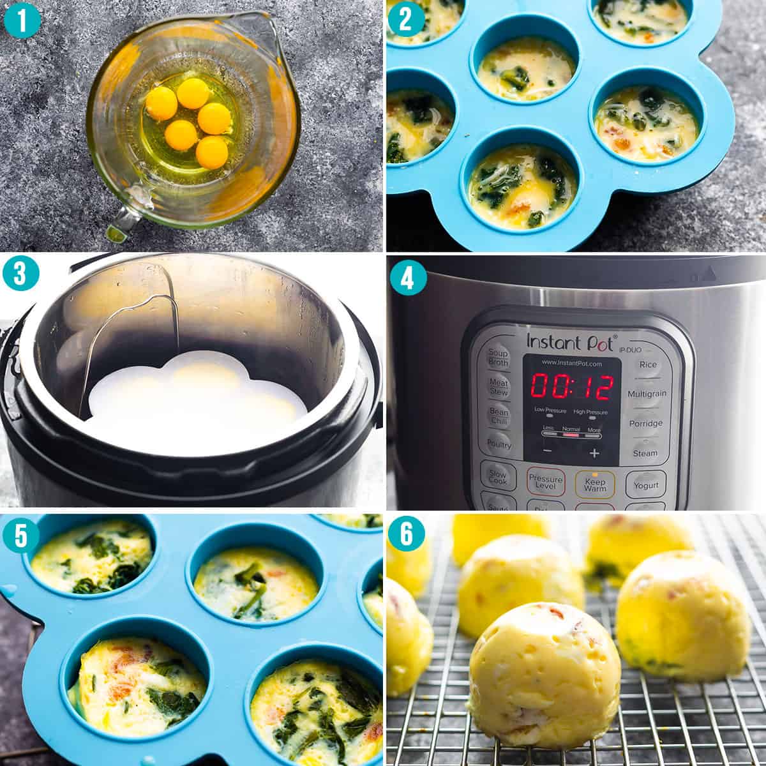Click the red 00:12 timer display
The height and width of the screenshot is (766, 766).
[572, 387]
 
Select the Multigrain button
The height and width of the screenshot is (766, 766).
[646, 394]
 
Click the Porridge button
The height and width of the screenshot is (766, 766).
[645, 423]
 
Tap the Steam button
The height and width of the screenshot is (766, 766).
[645, 453]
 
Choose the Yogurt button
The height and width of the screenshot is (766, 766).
[645, 485]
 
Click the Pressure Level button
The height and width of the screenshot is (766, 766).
[545, 483]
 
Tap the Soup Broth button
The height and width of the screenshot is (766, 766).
[498, 358]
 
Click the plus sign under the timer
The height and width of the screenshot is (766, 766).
[594, 453]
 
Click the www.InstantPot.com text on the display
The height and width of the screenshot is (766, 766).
[571, 363]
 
